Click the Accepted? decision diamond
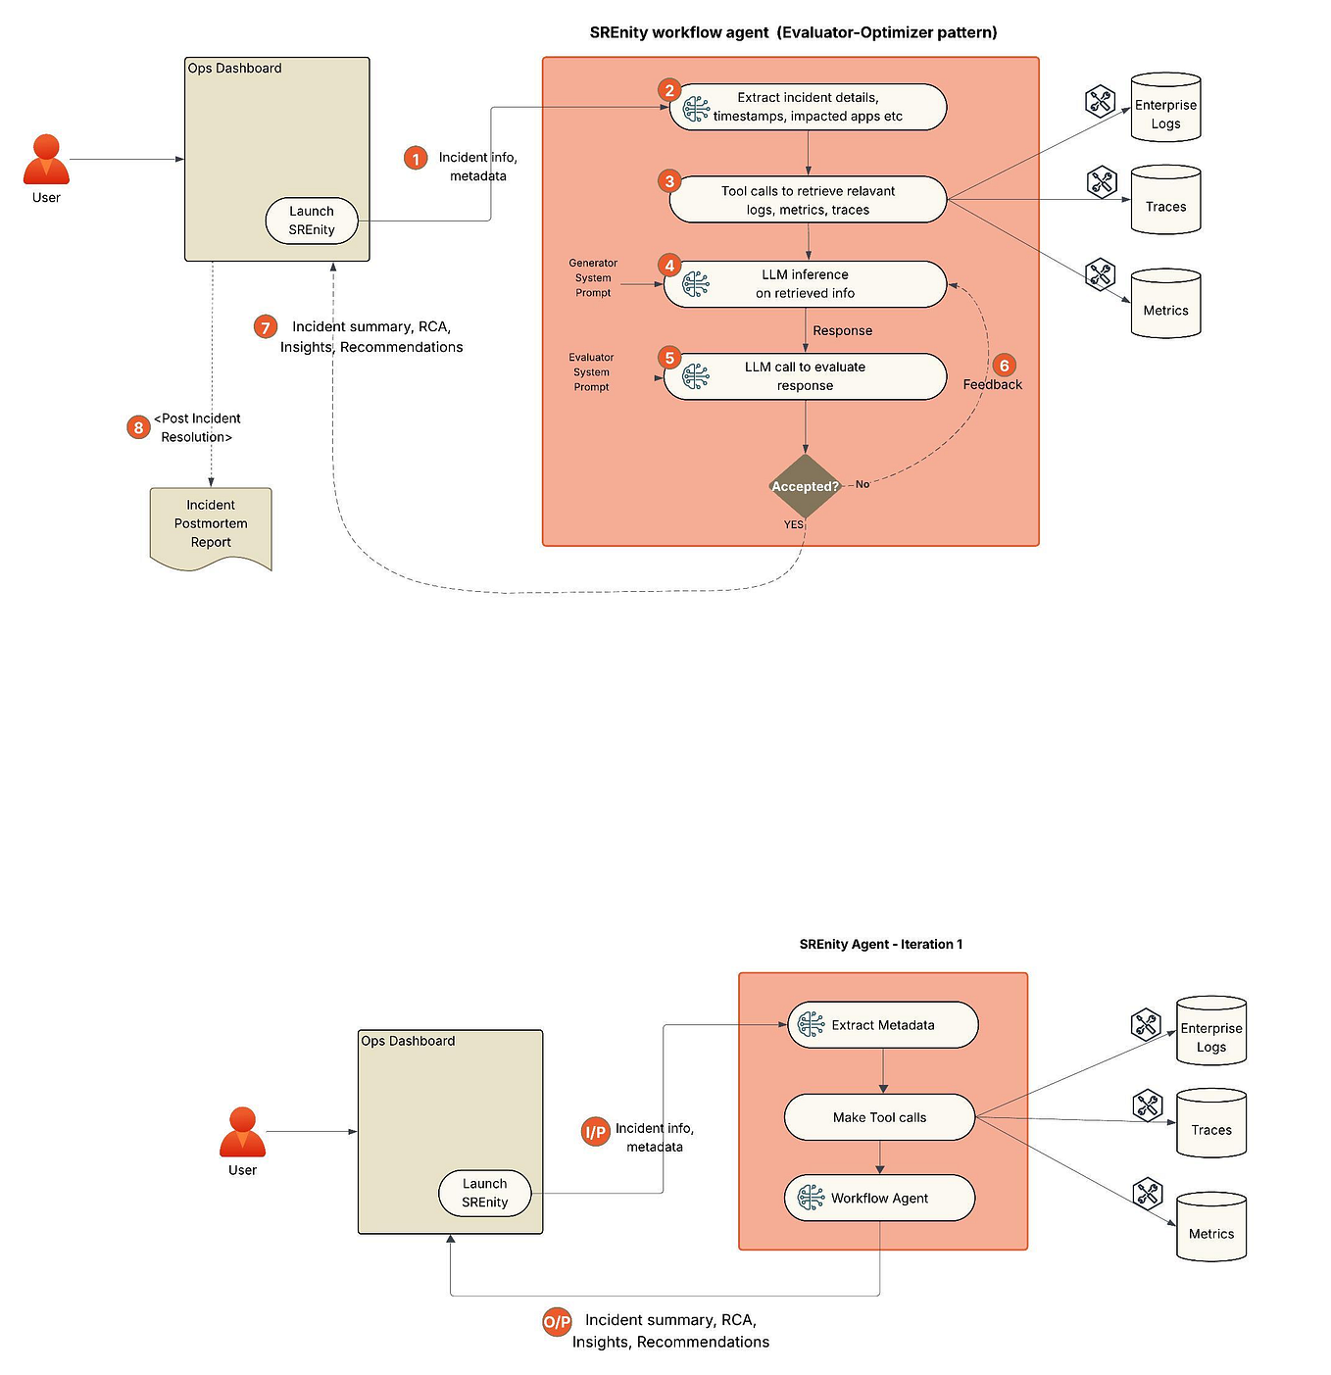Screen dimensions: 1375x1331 pos(805,486)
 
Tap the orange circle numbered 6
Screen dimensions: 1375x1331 pos(1004,366)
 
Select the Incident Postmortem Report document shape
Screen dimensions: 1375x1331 pos(211,525)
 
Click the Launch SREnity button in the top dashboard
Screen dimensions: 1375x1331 pos(312,221)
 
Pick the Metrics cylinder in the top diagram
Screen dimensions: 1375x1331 pos(1165,305)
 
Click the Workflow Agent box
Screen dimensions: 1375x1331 pos(879,1198)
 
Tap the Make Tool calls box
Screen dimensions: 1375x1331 pos(879,1117)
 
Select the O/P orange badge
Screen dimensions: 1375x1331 pos(557,1322)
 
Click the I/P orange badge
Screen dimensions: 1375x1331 pos(595,1132)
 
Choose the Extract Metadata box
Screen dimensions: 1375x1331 pos(882,1025)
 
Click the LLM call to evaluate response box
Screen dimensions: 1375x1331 pos(805,376)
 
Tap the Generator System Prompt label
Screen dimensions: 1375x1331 pos(593,277)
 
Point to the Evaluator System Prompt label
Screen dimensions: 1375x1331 pos(591,372)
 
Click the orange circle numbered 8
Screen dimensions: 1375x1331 pos(138,427)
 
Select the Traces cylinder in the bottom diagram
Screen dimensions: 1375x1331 pos(1210,1124)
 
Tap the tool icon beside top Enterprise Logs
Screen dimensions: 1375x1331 pos(1101,101)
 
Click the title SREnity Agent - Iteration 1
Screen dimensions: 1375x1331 pos(880,944)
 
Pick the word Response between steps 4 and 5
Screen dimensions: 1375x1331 pos(842,330)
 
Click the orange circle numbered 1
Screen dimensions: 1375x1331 pos(416,158)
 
